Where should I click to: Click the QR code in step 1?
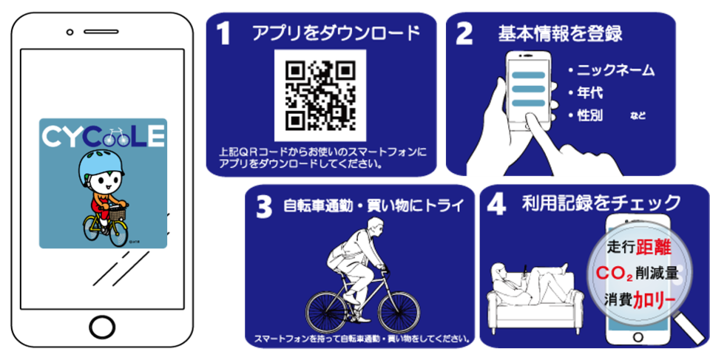click(320, 95)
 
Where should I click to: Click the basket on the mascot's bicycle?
click(118, 213)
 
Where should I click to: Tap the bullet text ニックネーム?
click(616, 71)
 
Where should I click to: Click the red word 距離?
click(653, 247)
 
